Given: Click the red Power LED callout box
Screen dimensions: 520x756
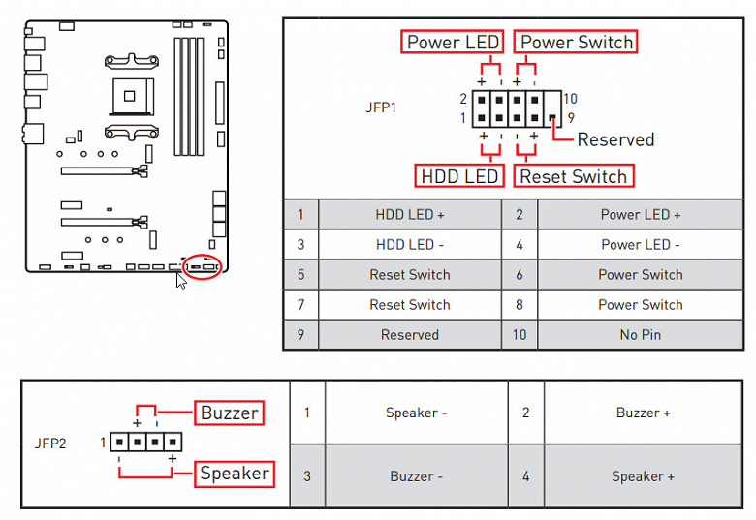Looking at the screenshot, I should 453,43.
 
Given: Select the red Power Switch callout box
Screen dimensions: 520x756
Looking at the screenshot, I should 576,43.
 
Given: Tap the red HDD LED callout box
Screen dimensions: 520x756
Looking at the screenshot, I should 459,176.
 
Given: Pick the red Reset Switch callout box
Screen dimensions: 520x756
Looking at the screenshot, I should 573,176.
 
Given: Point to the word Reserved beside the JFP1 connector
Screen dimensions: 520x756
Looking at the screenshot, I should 615,139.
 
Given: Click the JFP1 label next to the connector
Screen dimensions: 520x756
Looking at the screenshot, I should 381,107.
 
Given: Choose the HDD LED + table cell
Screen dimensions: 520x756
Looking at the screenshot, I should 409,215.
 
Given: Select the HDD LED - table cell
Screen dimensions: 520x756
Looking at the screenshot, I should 409,245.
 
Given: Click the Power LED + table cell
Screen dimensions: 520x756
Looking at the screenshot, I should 640,215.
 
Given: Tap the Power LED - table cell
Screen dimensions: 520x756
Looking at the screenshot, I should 640,245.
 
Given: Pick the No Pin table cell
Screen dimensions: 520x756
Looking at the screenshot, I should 640,335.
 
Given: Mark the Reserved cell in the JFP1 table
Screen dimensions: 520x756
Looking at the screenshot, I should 409,335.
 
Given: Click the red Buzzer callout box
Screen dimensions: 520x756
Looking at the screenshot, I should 229,413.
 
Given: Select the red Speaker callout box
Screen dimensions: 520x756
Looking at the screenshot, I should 235,474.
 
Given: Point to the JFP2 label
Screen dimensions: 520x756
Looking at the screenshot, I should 50,444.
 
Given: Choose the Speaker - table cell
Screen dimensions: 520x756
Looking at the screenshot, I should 416,413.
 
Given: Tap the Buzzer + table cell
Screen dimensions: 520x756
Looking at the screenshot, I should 643,413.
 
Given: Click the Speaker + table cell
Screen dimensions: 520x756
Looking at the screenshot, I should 643,476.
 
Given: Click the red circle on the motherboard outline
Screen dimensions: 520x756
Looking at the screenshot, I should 202,264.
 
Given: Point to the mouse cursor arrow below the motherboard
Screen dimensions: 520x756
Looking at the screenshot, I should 180,281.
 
